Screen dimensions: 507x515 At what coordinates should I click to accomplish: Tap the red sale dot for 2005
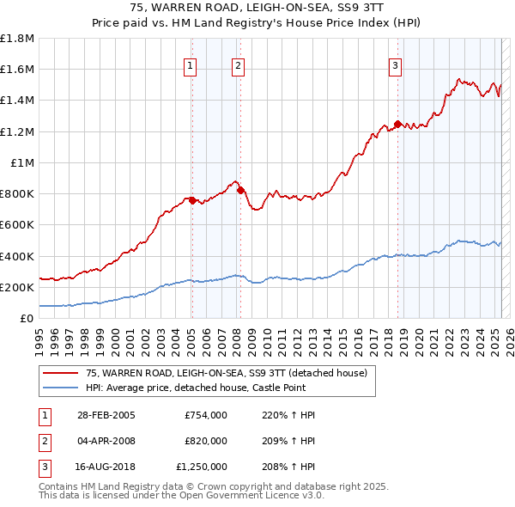coord(192,200)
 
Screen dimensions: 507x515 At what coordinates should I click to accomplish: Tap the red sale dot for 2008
coord(240,190)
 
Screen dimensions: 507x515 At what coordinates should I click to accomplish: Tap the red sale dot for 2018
coord(397,123)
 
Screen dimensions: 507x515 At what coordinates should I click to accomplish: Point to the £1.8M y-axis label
coord(17,39)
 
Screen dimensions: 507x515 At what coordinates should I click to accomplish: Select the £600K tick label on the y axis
coord(17,225)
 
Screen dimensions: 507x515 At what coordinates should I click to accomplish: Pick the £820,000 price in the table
coord(206,441)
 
